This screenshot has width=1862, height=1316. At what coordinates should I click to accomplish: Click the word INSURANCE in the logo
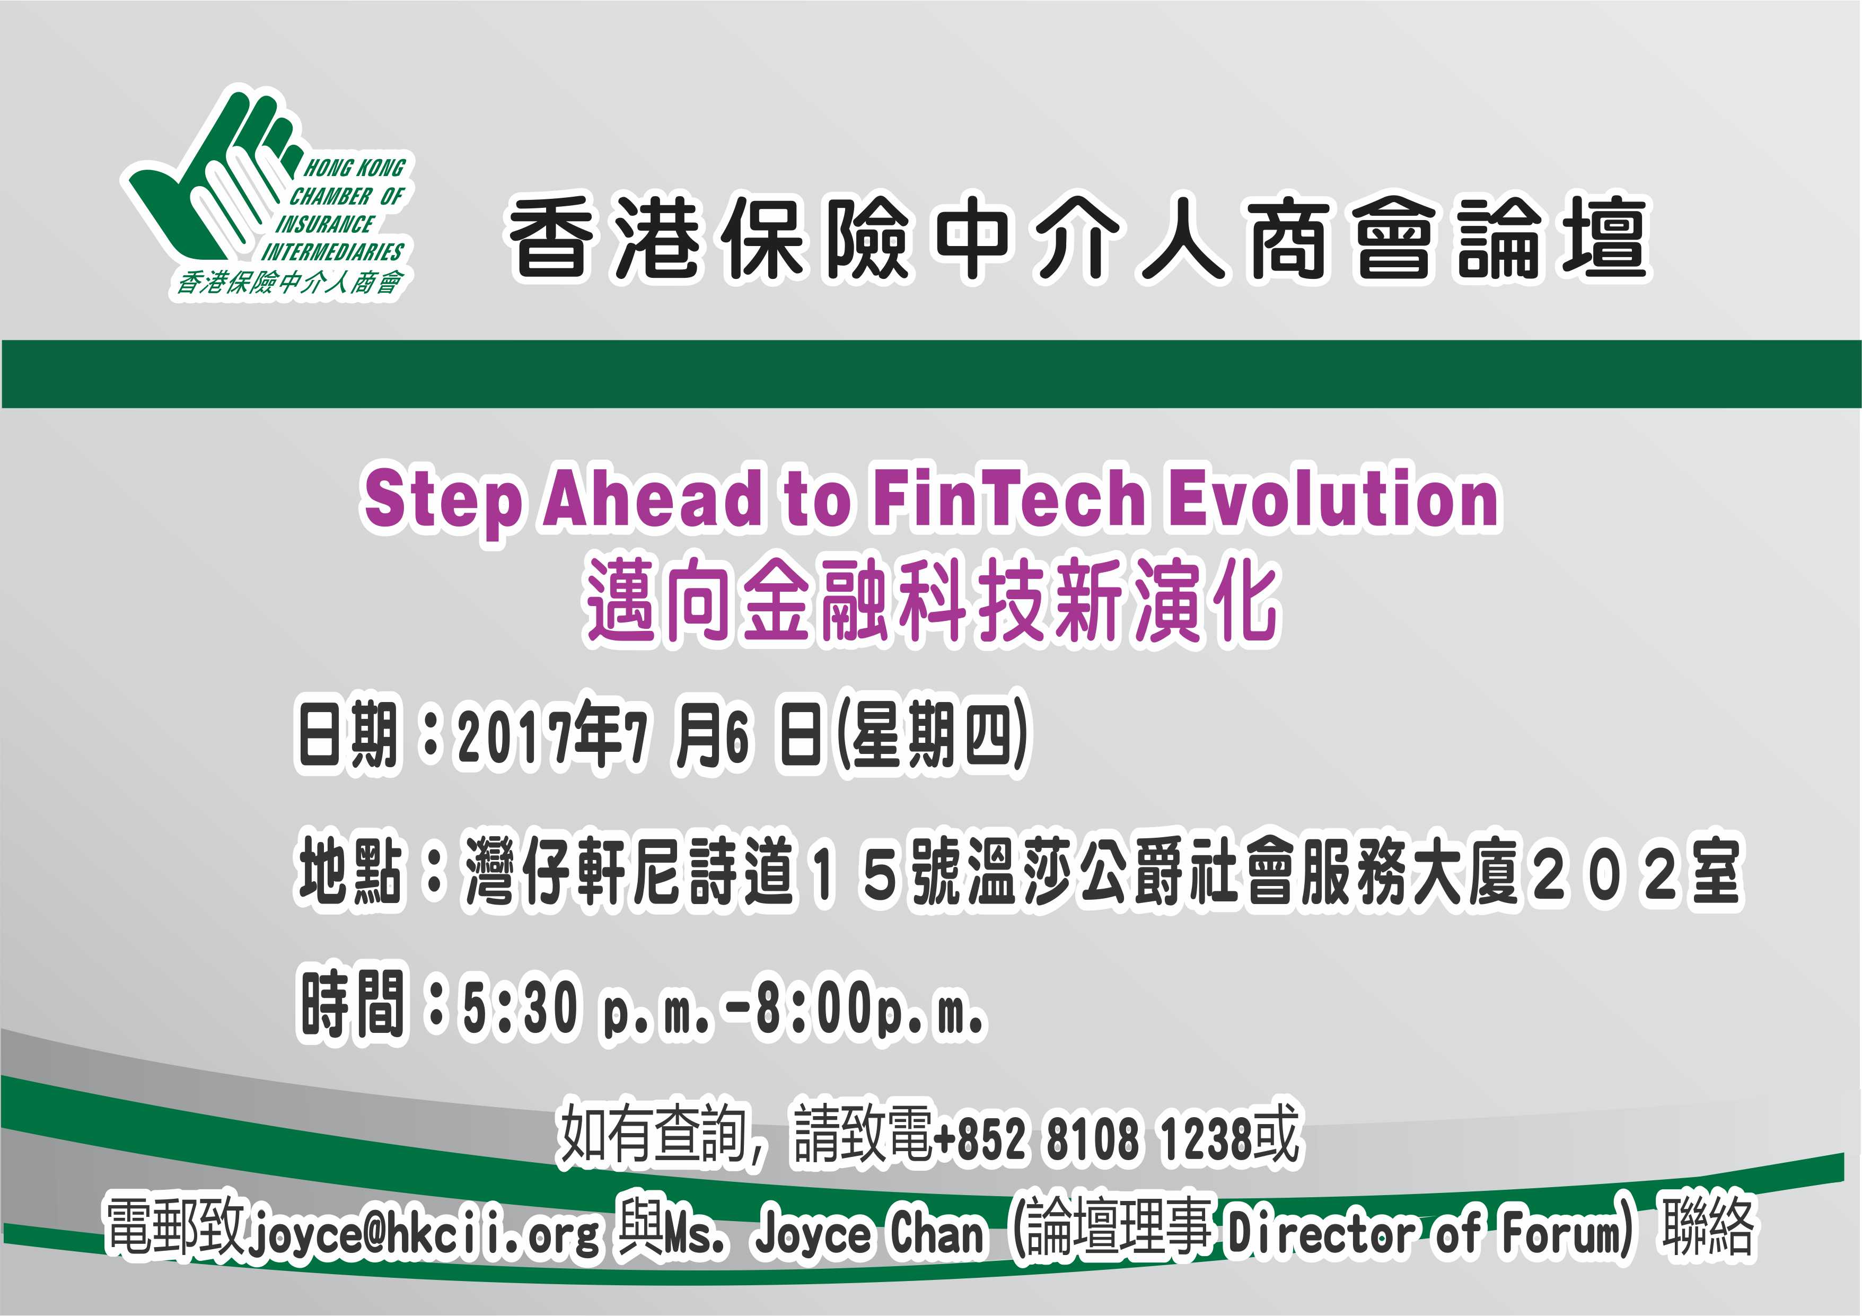324,224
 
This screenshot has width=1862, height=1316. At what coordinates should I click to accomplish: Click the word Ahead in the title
653,498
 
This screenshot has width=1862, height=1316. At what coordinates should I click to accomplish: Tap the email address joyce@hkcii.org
424,1235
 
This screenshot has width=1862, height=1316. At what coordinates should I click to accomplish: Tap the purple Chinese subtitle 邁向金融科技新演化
933,601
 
